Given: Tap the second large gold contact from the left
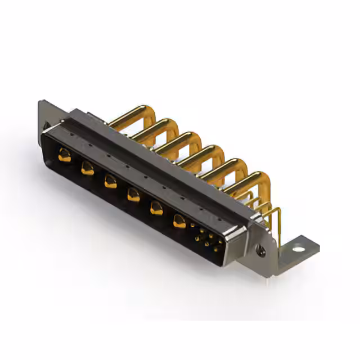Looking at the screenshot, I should pyautogui.click(x=87, y=168).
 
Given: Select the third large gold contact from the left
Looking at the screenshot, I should pyautogui.click(x=110, y=181).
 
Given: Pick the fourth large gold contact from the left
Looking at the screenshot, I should pyautogui.click(x=133, y=195).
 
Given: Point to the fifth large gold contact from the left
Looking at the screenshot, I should pyautogui.click(x=156, y=208).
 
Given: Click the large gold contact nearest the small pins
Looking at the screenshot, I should pyautogui.click(x=179, y=222).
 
